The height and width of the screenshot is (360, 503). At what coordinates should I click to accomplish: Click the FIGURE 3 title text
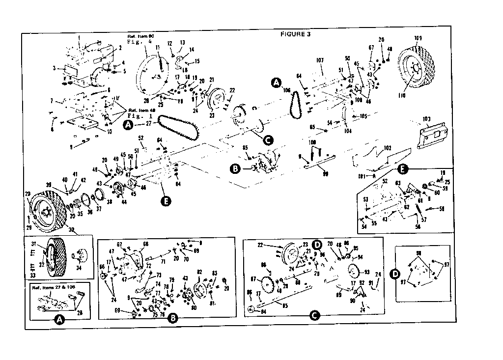pyautogui.click(x=295, y=34)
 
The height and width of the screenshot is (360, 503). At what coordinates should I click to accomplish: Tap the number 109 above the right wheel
pyautogui.click(x=418, y=38)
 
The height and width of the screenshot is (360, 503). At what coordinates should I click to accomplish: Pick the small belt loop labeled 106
pyautogui.click(x=295, y=104)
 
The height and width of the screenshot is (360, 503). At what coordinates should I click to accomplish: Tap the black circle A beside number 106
pyautogui.click(x=276, y=83)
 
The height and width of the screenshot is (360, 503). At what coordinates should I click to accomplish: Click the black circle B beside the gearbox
pyautogui.click(x=234, y=168)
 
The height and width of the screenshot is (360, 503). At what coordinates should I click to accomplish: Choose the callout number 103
pyautogui.click(x=425, y=119)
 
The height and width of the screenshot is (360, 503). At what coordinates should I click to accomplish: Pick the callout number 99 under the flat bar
pyautogui.click(x=310, y=174)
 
